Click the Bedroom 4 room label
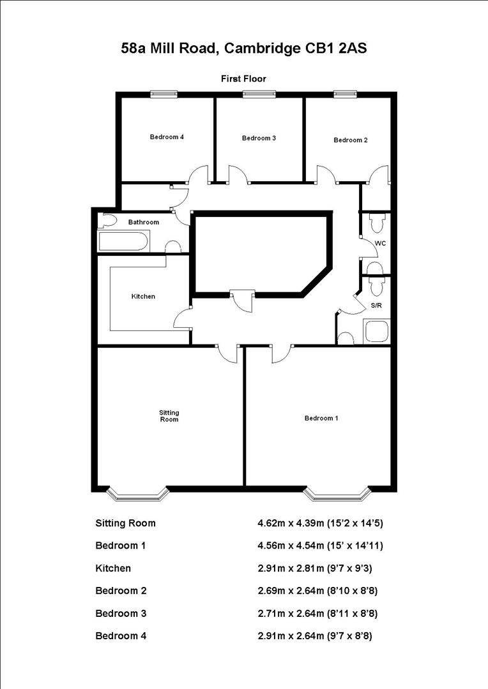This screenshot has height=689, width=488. [x=167, y=137]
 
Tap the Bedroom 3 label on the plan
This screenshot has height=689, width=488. [x=259, y=138]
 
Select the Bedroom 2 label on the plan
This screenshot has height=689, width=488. [x=351, y=140]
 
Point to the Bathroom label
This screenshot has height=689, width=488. [x=144, y=222]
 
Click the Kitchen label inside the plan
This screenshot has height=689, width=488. [x=143, y=296]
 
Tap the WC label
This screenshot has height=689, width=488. [x=380, y=244]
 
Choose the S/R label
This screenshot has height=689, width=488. [x=377, y=306]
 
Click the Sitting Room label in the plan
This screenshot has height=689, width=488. [x=169, y=416]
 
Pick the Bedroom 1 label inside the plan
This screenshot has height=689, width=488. [x=321, y=418]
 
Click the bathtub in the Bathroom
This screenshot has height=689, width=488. [x=123, y=242]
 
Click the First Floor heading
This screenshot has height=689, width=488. [x=243, y=78]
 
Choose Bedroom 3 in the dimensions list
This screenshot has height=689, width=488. [x=121, y=613]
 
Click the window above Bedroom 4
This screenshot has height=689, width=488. [x=163, y=94]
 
